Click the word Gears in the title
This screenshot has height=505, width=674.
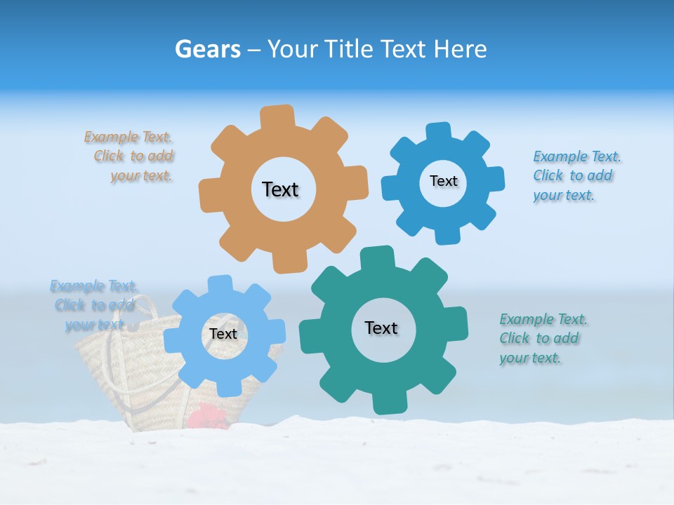coord(207,49)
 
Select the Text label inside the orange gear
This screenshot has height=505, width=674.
coord(280,189)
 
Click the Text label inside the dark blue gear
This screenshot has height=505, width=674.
coord(443,181)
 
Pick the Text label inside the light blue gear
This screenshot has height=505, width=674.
coord(223,334)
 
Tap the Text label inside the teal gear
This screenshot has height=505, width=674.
coord(381,328)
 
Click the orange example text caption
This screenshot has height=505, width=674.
coord(131,156)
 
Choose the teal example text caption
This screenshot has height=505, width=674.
coord(543,339)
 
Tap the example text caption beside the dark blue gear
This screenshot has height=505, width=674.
coord(576,175)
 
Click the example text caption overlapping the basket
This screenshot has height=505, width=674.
coord(93,305)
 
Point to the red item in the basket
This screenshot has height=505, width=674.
coord(208,417)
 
